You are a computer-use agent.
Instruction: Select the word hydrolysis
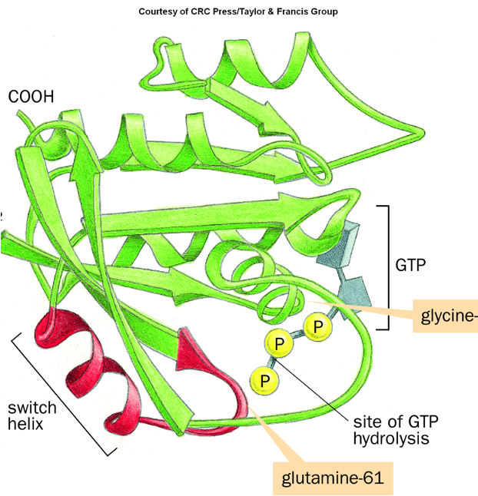tap(390, 439)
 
